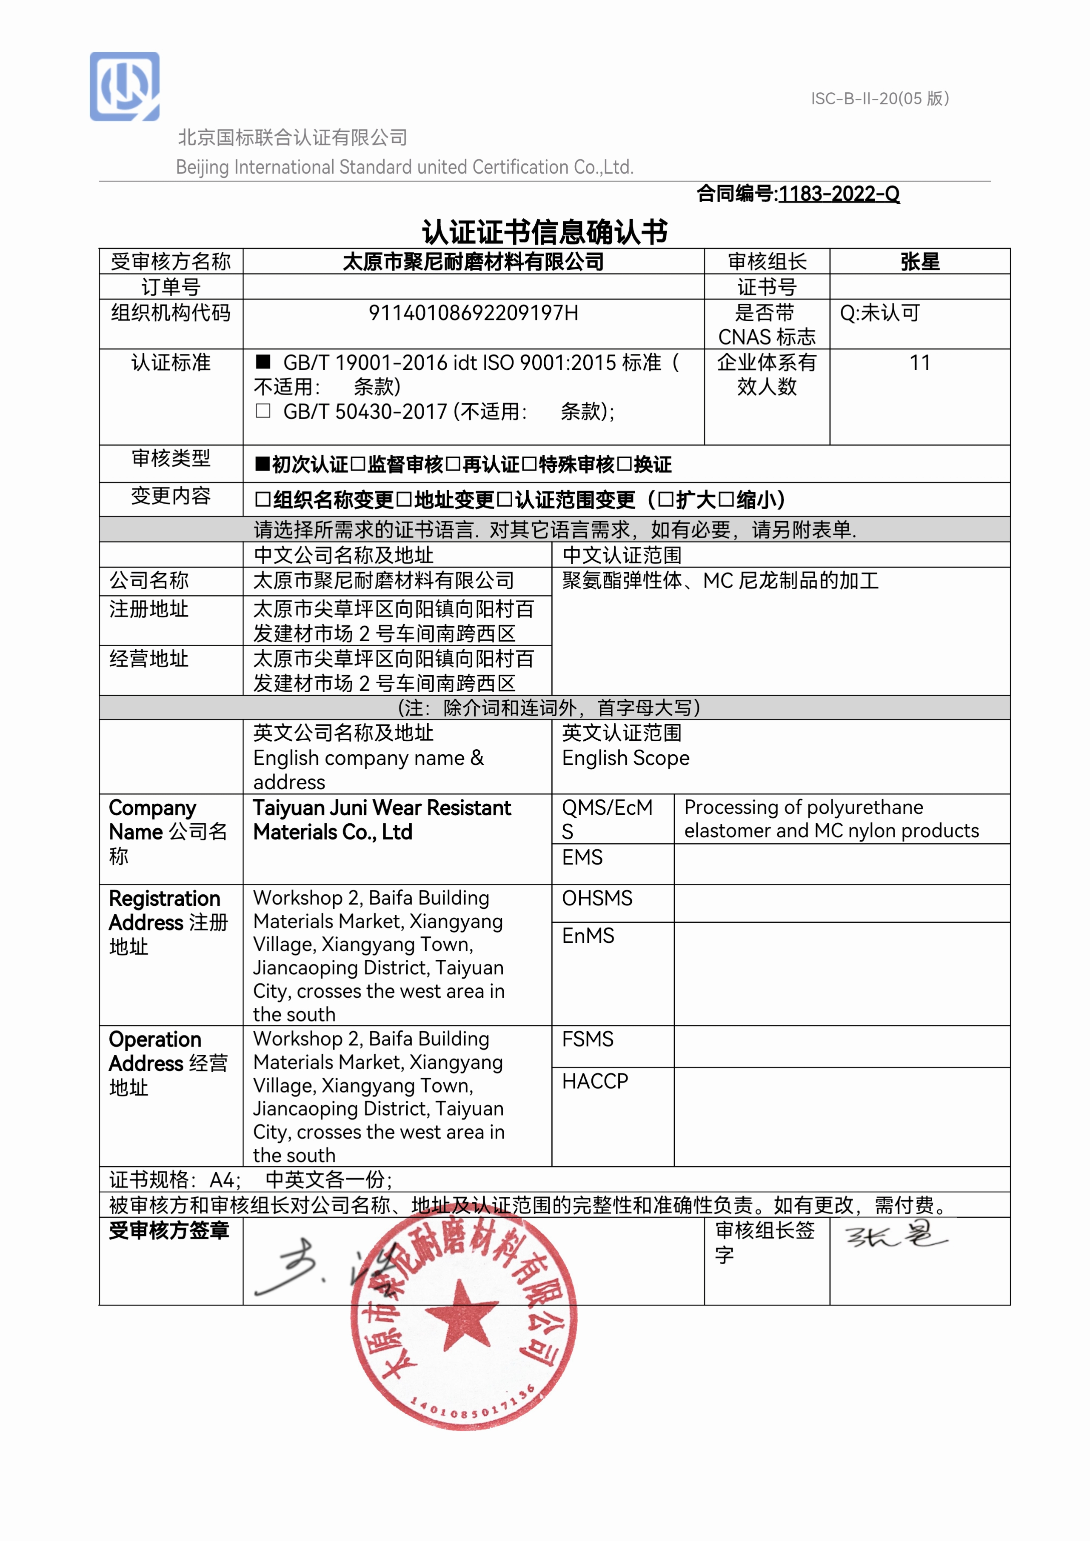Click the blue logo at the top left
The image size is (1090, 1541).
[x=125, y=87]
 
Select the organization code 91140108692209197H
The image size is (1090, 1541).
[x=473, y=313]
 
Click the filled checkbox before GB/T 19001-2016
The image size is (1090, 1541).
[x=263, y=362]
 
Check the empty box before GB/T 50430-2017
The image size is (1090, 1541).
[x=263, y=411]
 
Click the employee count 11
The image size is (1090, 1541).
[x=919, y=363]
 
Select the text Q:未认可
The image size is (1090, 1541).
[x=879, y=313]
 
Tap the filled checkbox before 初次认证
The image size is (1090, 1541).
[x=263, y=465]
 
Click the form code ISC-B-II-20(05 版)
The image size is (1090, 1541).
[x=879, y=99]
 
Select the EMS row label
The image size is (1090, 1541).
[x=582, y=857]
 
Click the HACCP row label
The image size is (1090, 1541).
[x=595, y=1081]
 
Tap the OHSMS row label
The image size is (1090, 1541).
[x=596, y=898]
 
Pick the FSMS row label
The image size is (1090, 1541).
[x=587, y=1039]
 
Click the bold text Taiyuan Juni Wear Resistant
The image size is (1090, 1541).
[x=382, y=808]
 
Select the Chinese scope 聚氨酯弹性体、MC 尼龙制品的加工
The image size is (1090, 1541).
[x=720, y=581]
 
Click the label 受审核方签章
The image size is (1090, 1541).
[x=169, y=1230]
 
